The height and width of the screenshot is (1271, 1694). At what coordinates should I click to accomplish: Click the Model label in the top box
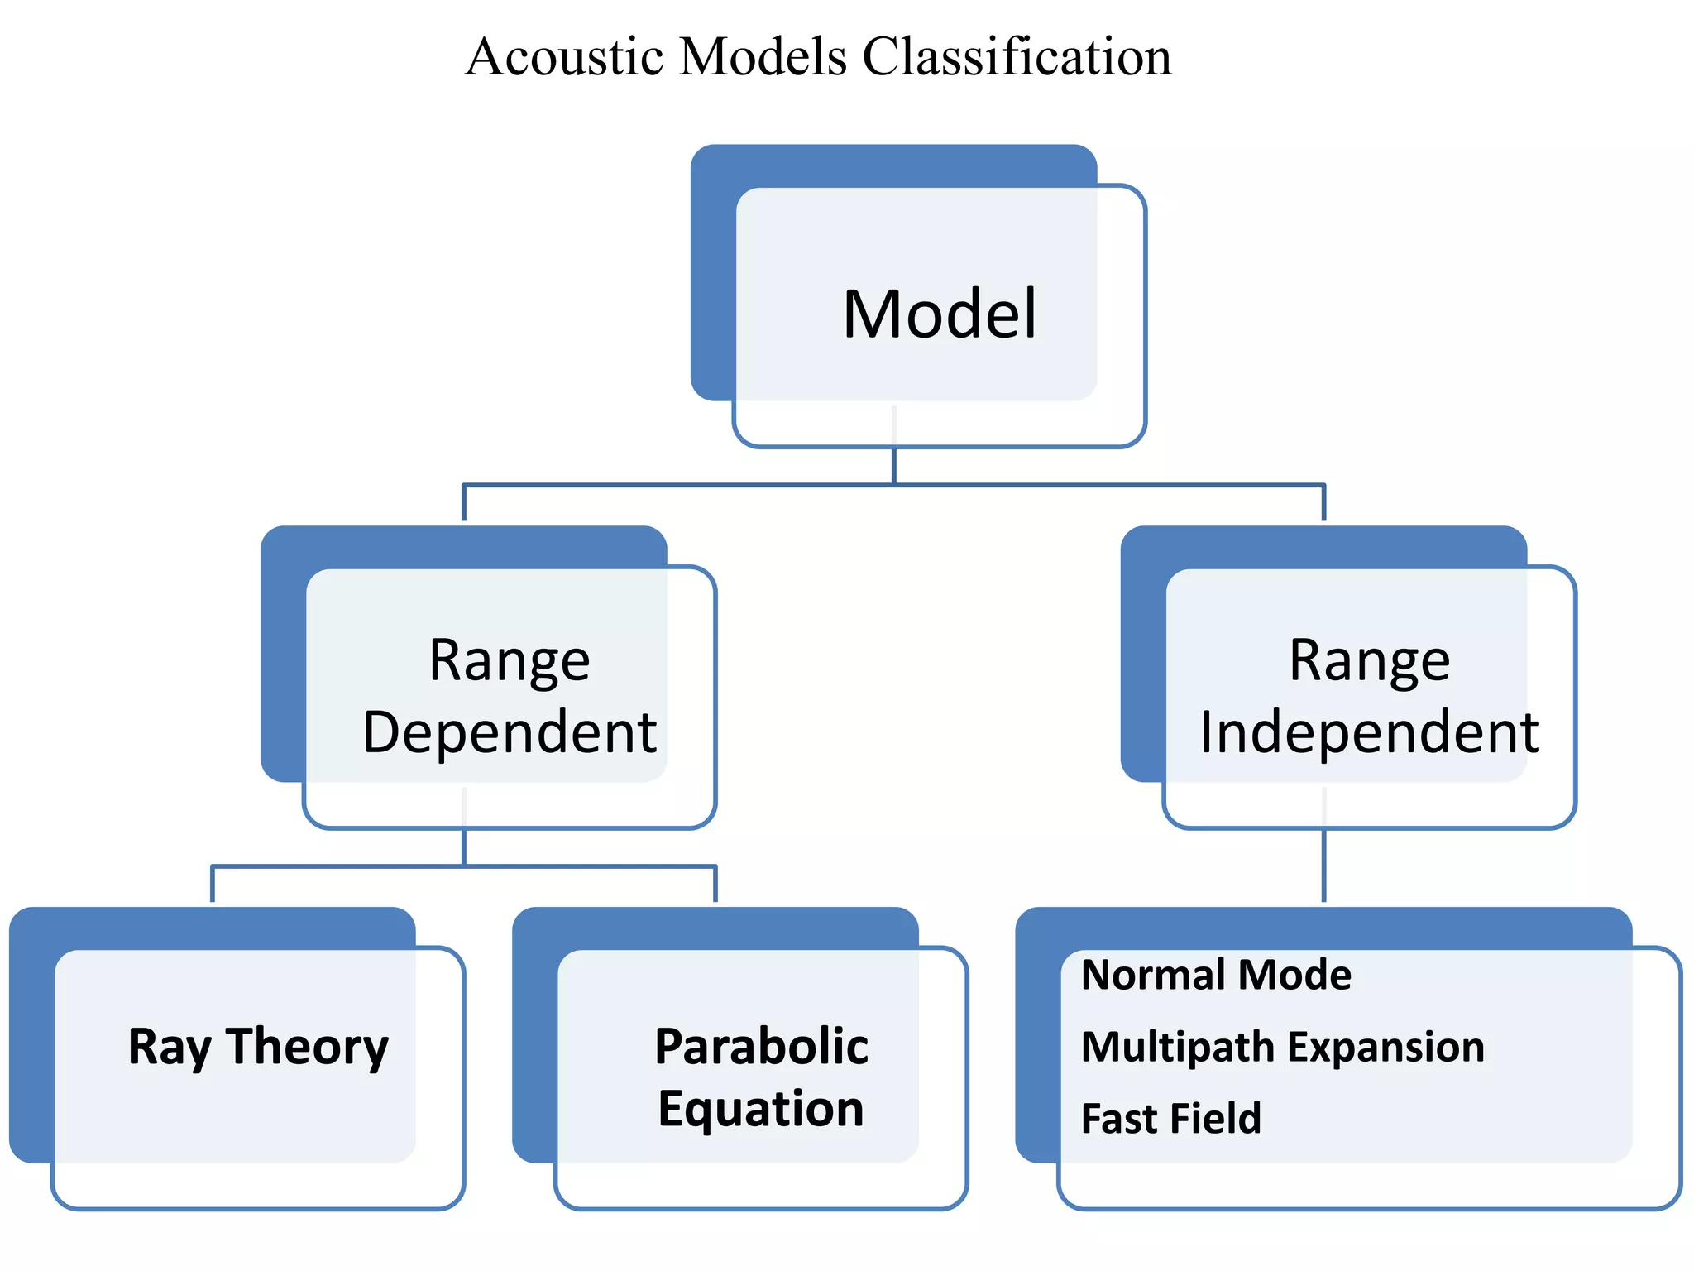[x=940, y=314]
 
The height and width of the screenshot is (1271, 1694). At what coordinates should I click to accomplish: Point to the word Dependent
[x=510, y=732]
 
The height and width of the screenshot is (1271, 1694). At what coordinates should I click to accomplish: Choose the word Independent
[x=1369, y=732]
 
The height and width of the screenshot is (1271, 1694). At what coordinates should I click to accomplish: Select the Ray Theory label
[x=258, y=1047]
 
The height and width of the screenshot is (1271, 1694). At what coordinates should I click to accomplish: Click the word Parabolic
[x=761, y=1047]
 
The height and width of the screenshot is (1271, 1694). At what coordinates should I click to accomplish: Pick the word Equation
[x=761, y=1109]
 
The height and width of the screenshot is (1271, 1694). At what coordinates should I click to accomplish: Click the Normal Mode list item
[x=1216, y=975]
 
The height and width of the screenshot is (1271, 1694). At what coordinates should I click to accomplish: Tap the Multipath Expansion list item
[x=1282, y=1047]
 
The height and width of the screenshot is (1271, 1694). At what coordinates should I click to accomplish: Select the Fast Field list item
[x=1171, y=1119]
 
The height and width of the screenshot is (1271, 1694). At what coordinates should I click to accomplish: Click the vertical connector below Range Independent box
[x=1323, y=865]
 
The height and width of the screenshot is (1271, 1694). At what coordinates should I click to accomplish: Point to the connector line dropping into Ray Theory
[x=213, y=884]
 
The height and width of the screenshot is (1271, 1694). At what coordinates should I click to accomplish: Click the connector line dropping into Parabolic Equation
[x=715, y=884]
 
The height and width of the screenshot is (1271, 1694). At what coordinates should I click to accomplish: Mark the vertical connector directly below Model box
[x=893, y=465]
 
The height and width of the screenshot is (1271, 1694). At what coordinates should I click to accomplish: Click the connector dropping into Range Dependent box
[x=464, y=502]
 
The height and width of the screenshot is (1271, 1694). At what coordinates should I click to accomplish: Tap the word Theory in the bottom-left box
[x=307, y=1047]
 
